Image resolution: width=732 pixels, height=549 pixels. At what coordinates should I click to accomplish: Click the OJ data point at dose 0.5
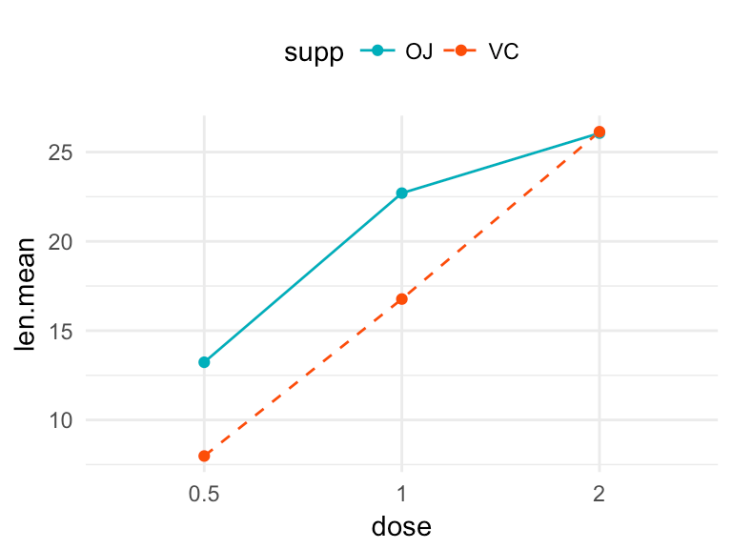click(204, 362)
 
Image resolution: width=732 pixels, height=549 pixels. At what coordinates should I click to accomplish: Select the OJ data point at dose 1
click(401, 193)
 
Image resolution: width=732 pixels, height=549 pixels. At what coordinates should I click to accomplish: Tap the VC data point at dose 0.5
click(204, 456)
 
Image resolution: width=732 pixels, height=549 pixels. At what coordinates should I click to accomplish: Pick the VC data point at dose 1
click(401, 298)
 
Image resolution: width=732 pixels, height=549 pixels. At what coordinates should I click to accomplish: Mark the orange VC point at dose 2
click(599, 132)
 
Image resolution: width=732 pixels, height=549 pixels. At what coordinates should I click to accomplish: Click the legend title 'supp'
click(314, 53)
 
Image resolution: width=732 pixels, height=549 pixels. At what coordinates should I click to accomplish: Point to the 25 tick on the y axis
click(61, 152)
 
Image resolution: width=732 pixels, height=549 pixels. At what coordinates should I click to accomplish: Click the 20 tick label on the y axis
click(61, 241)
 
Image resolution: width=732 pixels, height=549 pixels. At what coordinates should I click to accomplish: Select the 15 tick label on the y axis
click(61, 331)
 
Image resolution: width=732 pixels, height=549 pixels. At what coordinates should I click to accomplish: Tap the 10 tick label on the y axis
click(61, 420)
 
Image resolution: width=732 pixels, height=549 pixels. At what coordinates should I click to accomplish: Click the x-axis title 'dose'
click(401, 525)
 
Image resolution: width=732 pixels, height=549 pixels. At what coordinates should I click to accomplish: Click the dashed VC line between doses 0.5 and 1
click(303, 377)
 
